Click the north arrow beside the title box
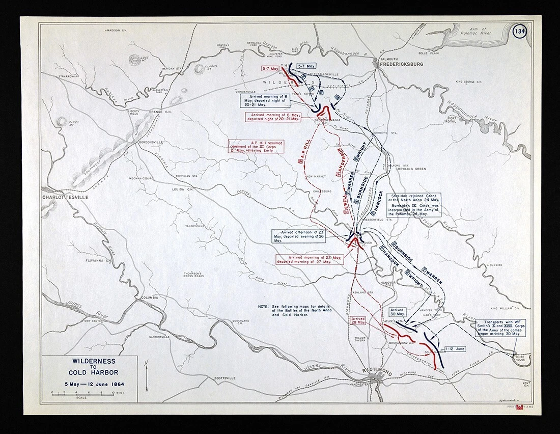coord(147,374)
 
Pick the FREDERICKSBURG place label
coord(401,65)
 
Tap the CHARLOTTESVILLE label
coord(65,196)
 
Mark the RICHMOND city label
coord(378,371)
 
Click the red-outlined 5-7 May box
coord(270,68)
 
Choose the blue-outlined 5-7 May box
coord(306,66)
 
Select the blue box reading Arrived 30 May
coord(397,312)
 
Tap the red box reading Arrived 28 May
coord(358,320)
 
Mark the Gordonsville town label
coord(150,142)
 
